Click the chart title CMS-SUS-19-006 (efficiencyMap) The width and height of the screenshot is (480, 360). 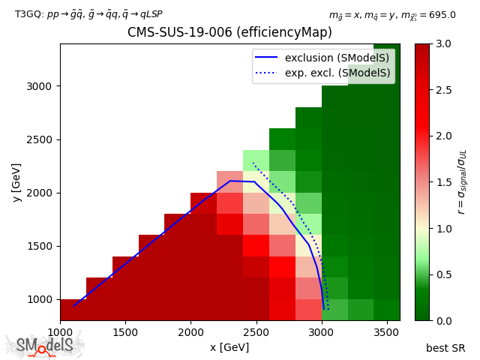[229, 33]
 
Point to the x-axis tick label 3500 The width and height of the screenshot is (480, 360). [386, 331]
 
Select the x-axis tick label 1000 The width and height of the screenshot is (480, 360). [60, 331]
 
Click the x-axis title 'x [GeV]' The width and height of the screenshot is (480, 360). [229, 347]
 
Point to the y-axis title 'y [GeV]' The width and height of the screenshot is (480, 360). [16, 181]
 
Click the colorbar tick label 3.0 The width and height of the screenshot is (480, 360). [443, 44]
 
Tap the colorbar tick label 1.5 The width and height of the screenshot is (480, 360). [443, 182]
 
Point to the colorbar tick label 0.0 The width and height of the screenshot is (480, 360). [443, 320]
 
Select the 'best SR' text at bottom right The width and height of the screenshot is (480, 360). [445, 348]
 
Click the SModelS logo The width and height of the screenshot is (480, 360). [45, 346]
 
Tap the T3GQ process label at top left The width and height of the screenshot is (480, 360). [88, 14]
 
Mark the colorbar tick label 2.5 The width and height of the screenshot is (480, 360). [443, 90]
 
